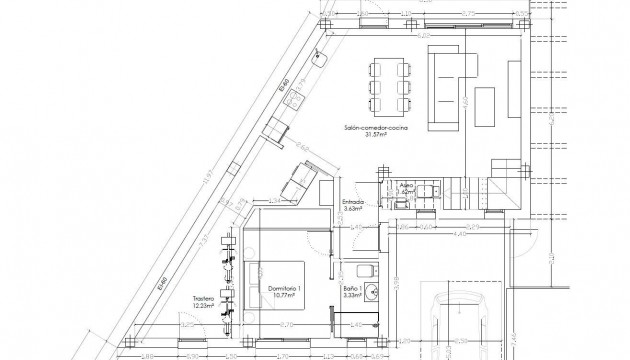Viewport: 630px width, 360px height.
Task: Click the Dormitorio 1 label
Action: click(x=286, y=288)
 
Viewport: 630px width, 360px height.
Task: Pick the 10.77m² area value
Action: click(x=286, y=296)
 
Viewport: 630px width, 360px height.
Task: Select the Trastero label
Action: click(x=208, y=298)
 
